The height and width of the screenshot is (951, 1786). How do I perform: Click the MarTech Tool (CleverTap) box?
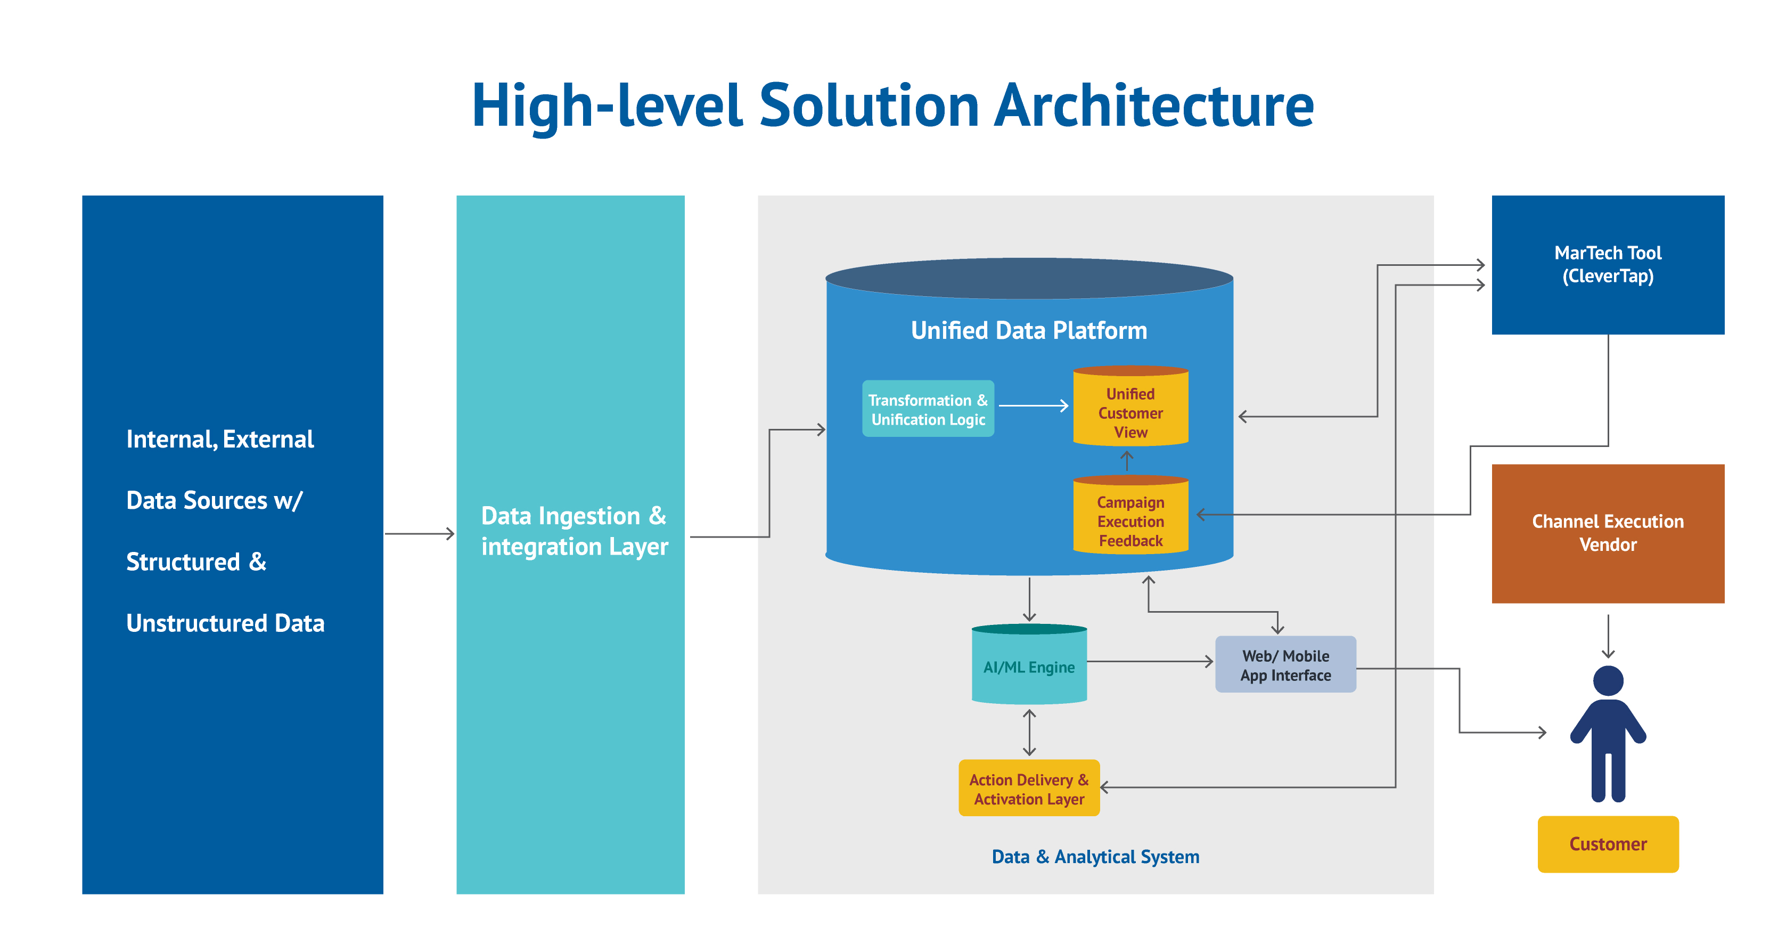(x=1607, y=264)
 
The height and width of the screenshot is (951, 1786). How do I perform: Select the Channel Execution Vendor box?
(x=1607, y=533)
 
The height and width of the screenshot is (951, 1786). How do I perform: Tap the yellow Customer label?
(x=1607, y=843)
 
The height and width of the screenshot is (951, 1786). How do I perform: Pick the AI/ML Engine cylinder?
(x=1029, y=666)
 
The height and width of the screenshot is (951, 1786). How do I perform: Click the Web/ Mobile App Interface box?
(x=1285, y=664)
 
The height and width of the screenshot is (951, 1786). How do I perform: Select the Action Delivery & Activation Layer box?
(x=1029, y=789)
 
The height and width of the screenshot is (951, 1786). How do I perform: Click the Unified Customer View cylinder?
(x=1130, y=412)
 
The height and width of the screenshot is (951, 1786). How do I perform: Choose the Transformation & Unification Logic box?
(x=928, y=409)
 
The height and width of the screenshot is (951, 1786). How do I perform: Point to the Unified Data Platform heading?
(x=1029, y=330)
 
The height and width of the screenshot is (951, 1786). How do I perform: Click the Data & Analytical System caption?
(x=1095, y=857)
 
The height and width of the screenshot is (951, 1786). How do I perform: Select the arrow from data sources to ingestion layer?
(x=420, y=533)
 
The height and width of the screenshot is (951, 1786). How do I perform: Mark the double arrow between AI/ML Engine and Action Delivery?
(x=1029, y=733)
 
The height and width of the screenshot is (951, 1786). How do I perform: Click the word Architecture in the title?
(x=1154, y=105)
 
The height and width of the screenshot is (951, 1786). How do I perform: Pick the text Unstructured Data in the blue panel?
(x=225, y=623)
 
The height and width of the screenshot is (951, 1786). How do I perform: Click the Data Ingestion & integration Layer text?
(x=574, y=531)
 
